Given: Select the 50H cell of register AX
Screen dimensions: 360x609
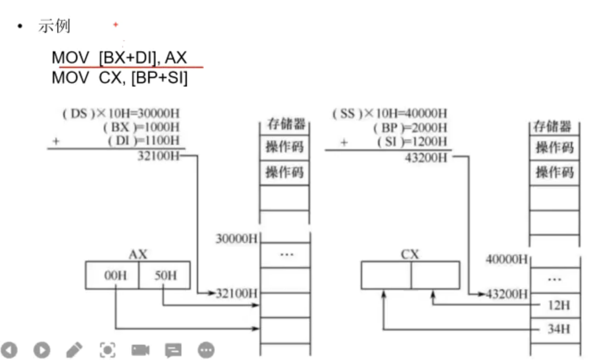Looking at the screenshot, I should point(165,276).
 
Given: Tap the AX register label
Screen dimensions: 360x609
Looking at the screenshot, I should point(138,254).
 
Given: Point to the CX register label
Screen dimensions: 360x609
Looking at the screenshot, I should point(410,254).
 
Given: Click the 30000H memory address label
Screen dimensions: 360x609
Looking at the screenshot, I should point(236,239).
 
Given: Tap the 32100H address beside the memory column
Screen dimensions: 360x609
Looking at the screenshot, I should point(236,293).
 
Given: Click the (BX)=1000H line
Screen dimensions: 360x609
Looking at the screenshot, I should point(142,127).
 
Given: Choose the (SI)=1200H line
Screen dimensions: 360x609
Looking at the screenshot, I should point(412,142).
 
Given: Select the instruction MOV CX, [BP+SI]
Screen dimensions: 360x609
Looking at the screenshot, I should point(119,78).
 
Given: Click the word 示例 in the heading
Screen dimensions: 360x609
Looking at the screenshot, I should point(54,26).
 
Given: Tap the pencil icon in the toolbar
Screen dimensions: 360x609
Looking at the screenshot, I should point(74,350).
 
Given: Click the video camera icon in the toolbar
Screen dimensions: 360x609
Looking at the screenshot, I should point(140,350).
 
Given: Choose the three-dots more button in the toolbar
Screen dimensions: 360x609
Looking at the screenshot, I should point(206,350).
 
